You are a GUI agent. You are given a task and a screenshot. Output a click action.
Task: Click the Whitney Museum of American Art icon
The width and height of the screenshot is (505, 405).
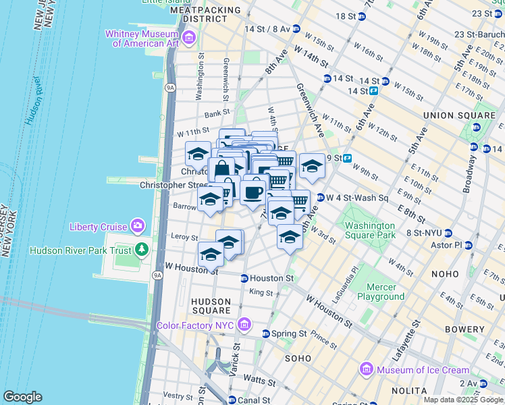coord(188,35)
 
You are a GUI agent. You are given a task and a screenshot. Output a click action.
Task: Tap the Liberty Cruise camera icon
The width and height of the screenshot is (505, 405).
coord(138,225)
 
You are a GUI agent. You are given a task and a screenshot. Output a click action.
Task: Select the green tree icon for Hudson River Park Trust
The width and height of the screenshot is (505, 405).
coord(142,250)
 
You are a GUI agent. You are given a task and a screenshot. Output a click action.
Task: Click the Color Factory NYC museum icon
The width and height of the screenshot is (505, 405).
coord(244,325)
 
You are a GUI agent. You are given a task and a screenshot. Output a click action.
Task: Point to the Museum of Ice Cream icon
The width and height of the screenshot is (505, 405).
coord(367,369)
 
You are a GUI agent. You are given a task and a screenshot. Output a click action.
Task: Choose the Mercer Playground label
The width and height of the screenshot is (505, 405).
coord(381,292)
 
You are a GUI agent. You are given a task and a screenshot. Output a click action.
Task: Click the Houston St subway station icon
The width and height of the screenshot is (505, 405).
coord(244,278)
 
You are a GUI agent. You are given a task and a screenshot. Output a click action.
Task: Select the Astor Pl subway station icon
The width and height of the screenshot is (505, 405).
coord(467,244)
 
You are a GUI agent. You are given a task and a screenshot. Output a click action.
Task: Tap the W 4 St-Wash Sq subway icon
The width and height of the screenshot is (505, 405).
coord(320,198)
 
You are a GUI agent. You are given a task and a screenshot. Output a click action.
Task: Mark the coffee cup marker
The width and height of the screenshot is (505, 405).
coord(252,192)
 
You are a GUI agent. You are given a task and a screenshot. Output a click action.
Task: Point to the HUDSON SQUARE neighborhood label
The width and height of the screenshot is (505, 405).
coord(211,306)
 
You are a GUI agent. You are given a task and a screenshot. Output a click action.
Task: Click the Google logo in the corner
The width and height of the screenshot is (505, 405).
coord(22,397)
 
